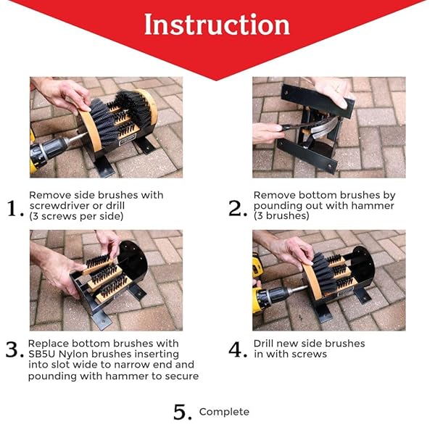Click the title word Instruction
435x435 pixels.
pos(217,25)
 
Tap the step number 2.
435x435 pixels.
pos(239,209)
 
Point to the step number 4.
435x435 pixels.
pos(239,349)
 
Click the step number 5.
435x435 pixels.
pos(182,413)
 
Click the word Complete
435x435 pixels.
pos(224,412)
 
